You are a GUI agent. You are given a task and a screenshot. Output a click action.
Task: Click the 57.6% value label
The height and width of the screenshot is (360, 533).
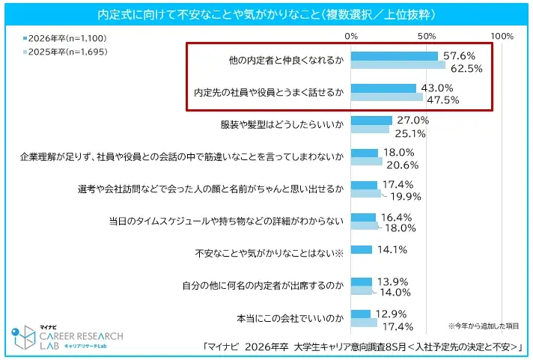[x=459, y=56]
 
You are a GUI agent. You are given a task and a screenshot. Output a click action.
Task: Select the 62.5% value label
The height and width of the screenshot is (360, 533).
[x=465, y=68]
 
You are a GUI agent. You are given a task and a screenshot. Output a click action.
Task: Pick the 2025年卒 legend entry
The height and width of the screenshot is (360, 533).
[x=63, y=52]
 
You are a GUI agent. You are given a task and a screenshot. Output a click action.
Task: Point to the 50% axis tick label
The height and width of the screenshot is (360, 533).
[x=426, y=36]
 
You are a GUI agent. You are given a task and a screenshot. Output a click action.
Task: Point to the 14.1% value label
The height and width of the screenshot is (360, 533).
[x=392, y=250]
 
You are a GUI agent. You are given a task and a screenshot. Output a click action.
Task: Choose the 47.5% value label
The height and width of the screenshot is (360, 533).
[x=442, y=100]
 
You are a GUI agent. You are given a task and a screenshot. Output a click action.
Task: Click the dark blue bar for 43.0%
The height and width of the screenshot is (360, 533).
[x=383, y=88]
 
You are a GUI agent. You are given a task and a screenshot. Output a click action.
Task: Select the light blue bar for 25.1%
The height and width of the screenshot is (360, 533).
[x=369, y=129]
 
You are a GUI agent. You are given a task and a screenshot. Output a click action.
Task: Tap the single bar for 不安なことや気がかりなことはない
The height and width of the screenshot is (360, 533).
[x=361, y=249]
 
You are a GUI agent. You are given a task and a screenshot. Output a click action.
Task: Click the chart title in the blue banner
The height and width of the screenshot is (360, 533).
[x=266, y=14]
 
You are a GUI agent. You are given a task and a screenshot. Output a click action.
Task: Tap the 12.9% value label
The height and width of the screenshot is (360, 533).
[x=390, y=314]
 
